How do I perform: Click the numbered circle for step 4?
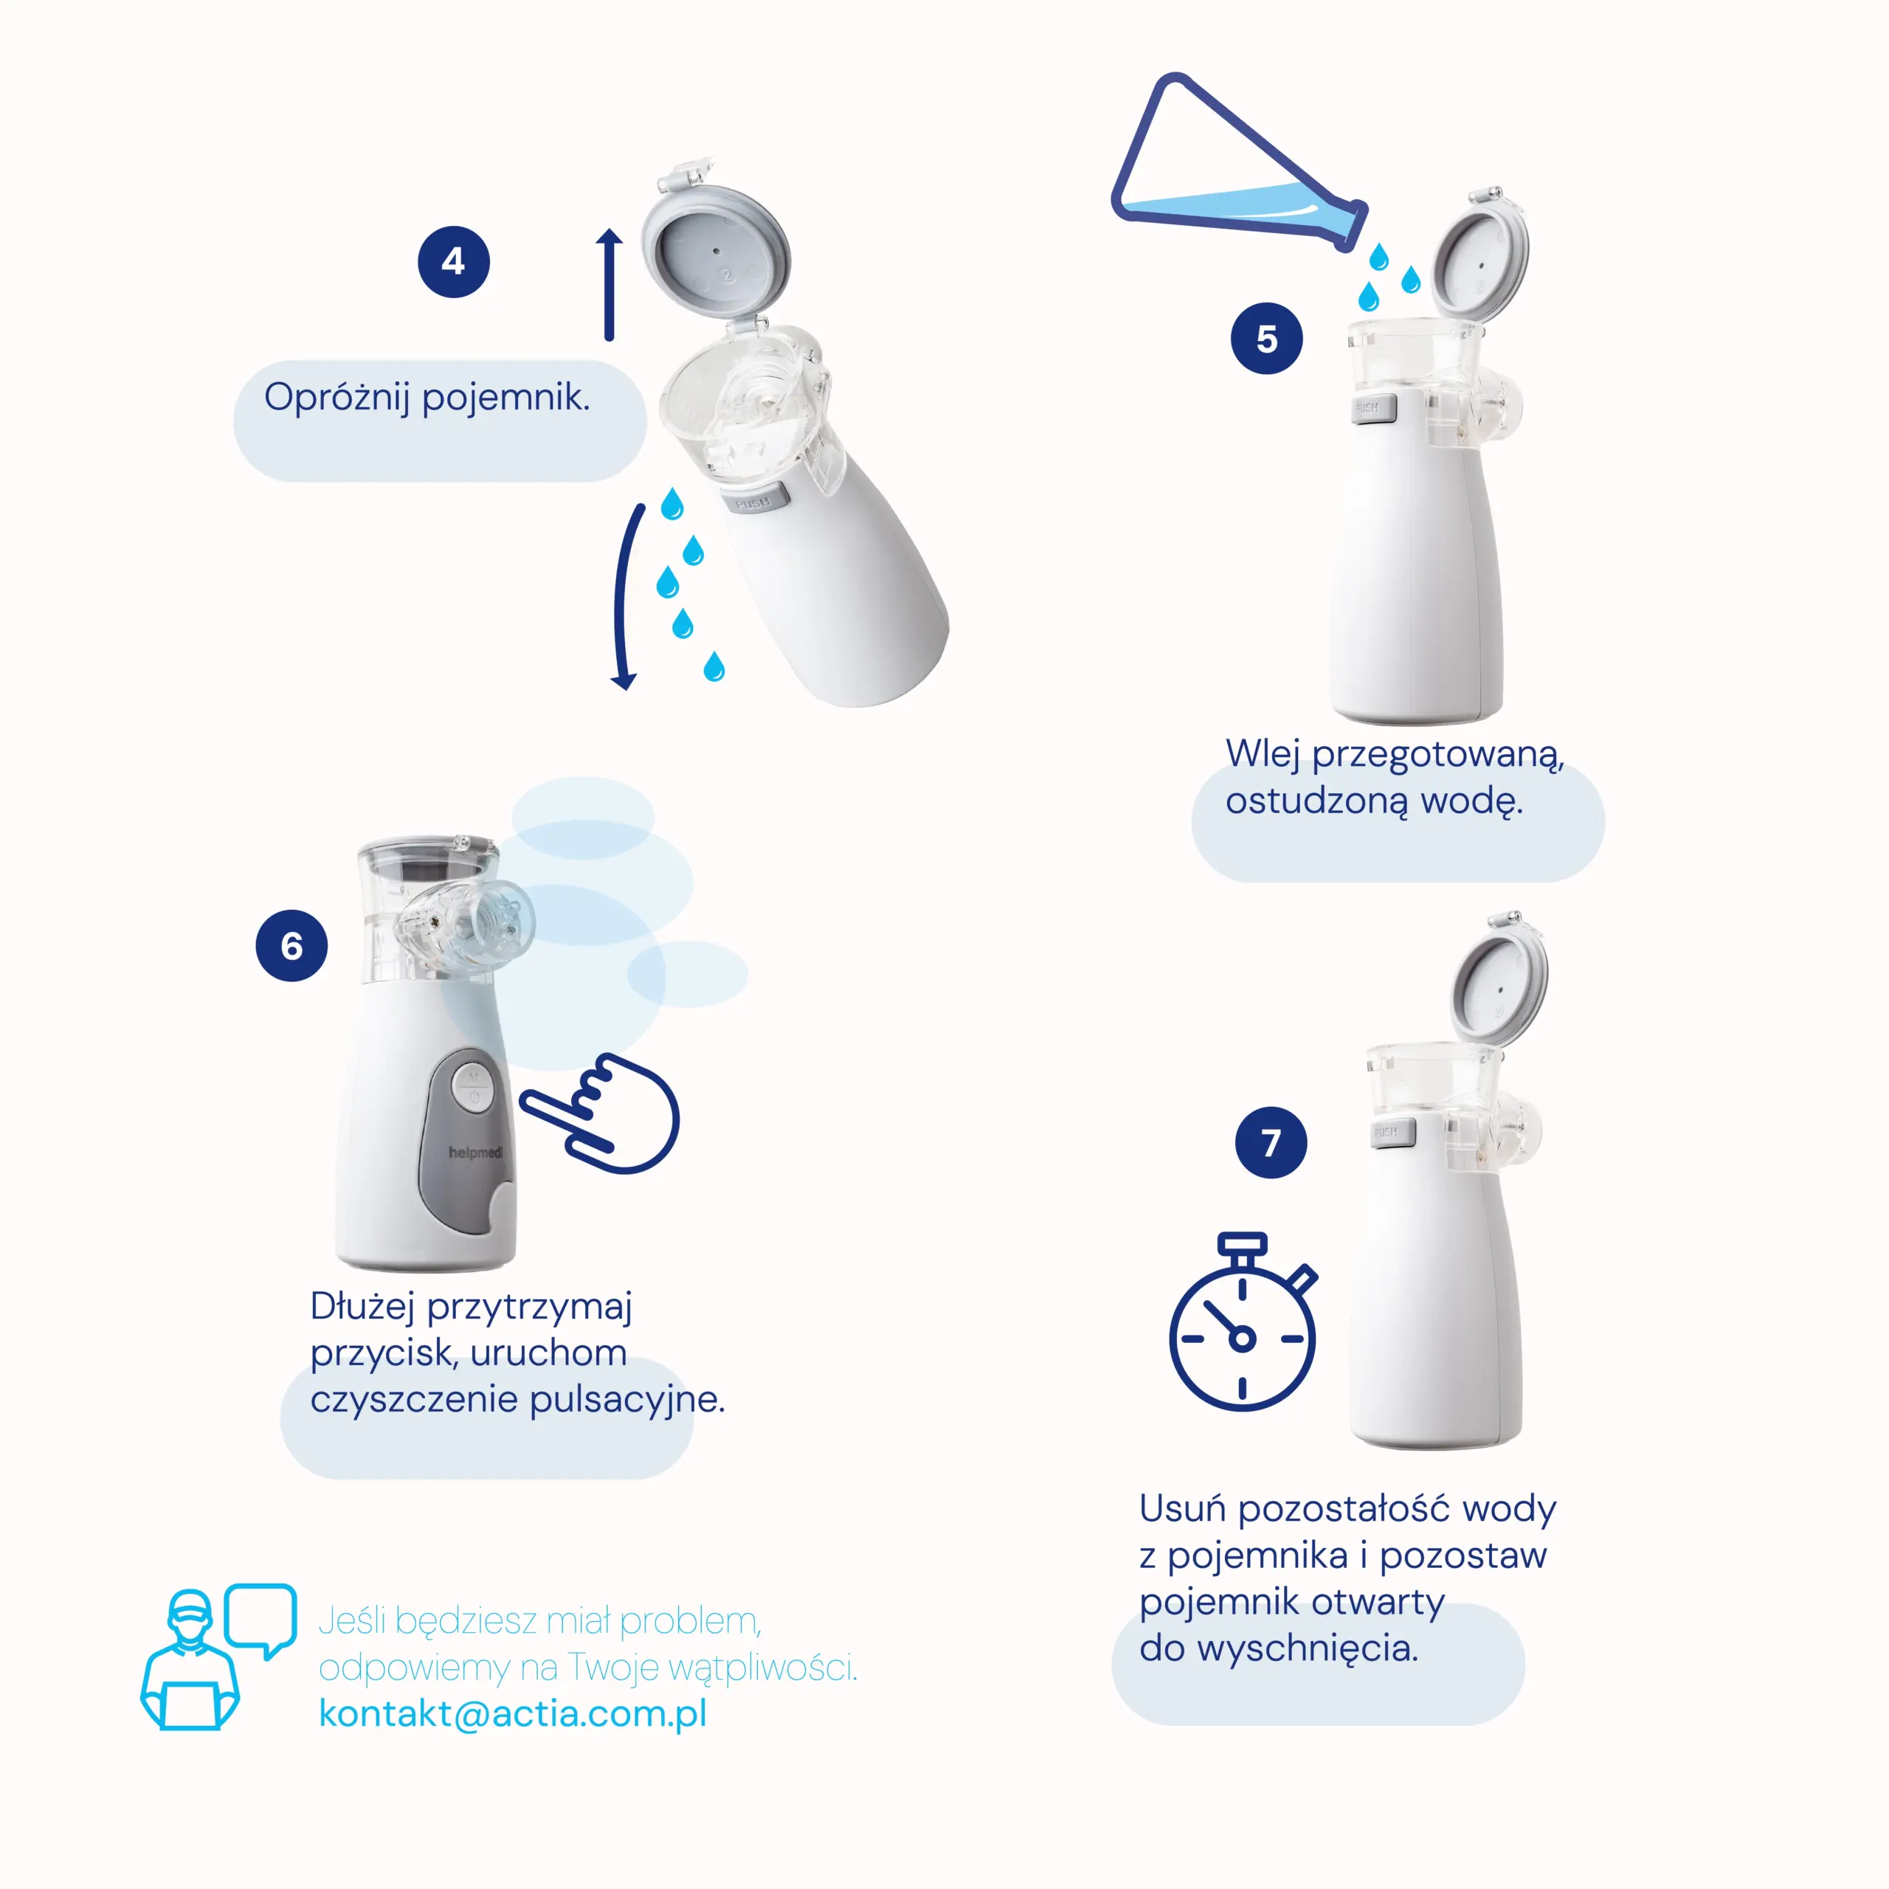point(454,262)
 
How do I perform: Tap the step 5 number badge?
point(1266,338)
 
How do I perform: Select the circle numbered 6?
point(291,945)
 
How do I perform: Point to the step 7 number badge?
point(1271,1142)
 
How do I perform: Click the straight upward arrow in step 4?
point(610,285)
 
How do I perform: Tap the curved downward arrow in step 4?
point(618,596)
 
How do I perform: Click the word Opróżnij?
point(337,398)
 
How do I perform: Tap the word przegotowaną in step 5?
point(1438,755)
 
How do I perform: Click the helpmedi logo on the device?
point(476,1153)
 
